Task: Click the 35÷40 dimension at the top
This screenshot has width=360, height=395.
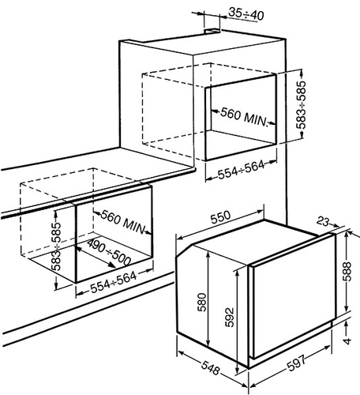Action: click(x=246, y=14)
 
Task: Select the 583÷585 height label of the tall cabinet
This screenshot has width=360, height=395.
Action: click(x=301, y=105)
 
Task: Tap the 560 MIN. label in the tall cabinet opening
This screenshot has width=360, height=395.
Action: click(x=244, y=117)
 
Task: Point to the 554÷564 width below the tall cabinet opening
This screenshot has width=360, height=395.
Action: click(x=241, y=170)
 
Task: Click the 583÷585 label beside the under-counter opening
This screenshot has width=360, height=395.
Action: click(x=56, y=247)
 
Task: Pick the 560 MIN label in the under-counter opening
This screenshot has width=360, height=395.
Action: click(x=123, y=222)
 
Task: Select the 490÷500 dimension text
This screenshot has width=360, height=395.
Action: click(x=109, y=252)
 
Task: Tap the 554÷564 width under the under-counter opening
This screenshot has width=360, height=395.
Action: click(x=114, y=283)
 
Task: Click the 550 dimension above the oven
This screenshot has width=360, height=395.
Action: click(x=220, y=217)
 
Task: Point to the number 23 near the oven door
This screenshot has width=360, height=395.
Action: click(x=323, y=222)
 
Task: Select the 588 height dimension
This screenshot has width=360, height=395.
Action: click(x=347, y=272)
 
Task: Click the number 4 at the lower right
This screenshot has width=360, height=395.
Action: click(x=347, y=341)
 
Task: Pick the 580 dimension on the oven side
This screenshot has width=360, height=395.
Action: click(x=203, y=302)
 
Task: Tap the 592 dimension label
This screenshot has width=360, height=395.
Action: click(x=230, y=317)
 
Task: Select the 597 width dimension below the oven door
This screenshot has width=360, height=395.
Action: click(x=296, y=363)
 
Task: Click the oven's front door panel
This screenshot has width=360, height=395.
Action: click(x=291, y=295)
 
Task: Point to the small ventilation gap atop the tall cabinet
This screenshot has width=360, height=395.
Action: click(x=212, y=31)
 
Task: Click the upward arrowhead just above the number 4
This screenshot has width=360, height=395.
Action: click(x=347, y=326)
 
